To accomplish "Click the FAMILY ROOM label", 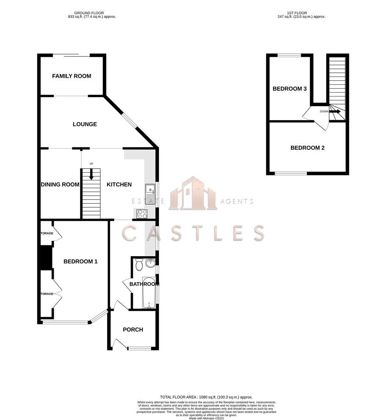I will [72, 76].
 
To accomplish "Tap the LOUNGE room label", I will [85, 124].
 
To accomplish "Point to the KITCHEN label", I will [119, 184].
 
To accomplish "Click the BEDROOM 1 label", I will [81, 262].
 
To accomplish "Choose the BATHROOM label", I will [144, 284].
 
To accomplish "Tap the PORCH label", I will [133, 330].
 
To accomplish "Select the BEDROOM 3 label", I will [290, 89].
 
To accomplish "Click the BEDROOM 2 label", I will [308, 148].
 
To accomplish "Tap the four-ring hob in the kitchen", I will [142, 213].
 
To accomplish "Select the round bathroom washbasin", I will [150, 264].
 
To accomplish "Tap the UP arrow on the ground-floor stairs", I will [92, 174].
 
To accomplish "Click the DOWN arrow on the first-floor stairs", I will [335, 112].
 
